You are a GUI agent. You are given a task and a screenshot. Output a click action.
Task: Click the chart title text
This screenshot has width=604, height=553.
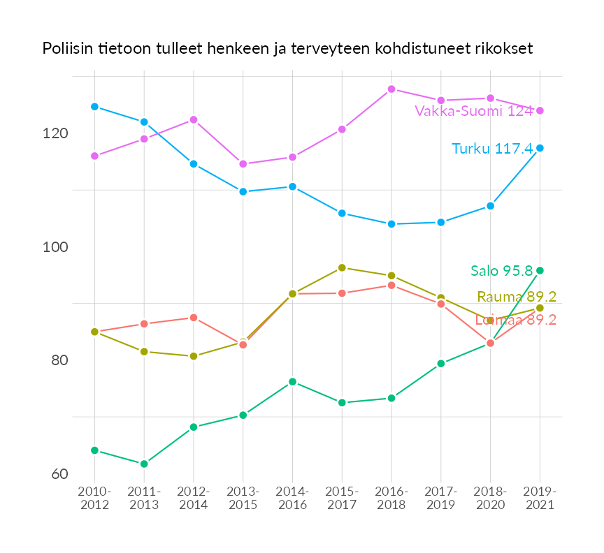coord(287,49)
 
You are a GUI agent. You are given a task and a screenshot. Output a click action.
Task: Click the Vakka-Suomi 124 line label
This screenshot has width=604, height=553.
coord(473,111)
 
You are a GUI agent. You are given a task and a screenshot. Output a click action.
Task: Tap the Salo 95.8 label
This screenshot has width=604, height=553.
coord(501,271)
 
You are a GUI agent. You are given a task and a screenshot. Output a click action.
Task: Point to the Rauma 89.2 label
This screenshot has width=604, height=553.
coord(516,297)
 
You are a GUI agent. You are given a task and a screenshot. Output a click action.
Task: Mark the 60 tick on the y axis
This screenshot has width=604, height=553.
coord(59,474)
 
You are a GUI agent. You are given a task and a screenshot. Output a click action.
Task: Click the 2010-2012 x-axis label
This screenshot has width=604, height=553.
coord(94,499)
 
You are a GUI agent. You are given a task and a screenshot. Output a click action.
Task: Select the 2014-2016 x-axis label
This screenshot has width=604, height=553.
coord(292,499)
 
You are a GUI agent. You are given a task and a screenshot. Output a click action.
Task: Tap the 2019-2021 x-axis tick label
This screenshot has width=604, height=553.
coord(540,499)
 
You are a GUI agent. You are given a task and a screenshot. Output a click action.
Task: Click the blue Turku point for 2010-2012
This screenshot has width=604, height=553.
coord(94,107)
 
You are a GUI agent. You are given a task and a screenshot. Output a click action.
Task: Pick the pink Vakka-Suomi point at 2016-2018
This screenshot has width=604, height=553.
coord(391,89)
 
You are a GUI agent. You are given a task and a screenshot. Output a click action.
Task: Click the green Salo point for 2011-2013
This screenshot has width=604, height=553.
coord(144,464)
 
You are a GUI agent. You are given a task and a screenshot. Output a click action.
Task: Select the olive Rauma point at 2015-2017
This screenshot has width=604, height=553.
coord(342,267)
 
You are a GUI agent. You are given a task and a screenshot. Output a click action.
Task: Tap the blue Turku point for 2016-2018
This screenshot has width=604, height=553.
coord(391,224)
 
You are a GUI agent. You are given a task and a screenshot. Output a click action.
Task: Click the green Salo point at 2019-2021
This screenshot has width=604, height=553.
coord(540,270)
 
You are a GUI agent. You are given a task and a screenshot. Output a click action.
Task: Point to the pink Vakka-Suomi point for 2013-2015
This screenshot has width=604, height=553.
coord(243,164)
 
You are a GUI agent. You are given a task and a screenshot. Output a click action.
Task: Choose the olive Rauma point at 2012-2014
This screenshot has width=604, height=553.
coord(194,356)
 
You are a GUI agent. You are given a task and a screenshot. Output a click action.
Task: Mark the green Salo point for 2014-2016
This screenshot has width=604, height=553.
coord(292,382)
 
